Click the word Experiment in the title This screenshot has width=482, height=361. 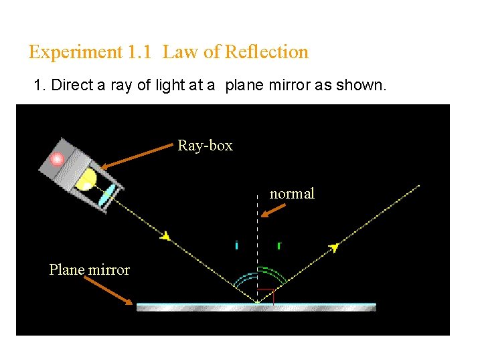[x=74, y=52]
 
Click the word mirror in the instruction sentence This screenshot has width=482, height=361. [x=283, y=86]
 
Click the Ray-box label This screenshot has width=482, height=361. [x=205, y=145]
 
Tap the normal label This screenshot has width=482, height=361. [x=292, y=194]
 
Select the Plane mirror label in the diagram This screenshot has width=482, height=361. [x=89, y=269]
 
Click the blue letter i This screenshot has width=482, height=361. [x=237, y=245]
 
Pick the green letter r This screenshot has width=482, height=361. [x=278, y=245]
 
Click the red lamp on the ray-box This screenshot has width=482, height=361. [x=58, y=158]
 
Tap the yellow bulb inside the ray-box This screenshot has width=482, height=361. [x=87, y=179]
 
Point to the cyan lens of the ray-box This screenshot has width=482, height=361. [x=106, y=196]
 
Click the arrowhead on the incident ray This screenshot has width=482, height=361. [x=165, y=235]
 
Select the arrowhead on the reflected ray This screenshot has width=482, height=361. [x=334, y=247]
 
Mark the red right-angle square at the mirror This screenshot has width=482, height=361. [x=266, y=296]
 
